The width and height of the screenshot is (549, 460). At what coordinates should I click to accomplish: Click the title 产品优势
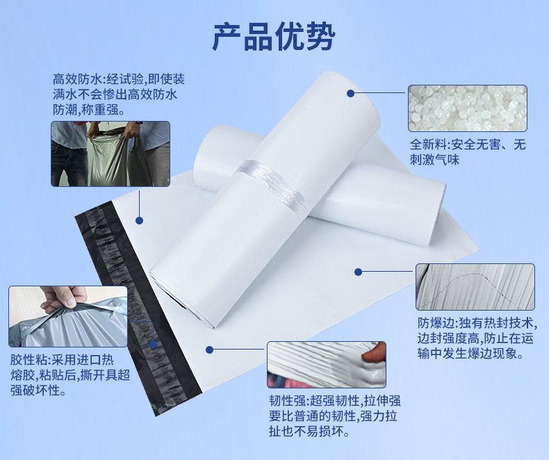coord(274,37)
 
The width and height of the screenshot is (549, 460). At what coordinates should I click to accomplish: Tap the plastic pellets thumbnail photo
coord(467,108)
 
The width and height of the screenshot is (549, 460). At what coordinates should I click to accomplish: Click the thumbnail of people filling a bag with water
coord(110,154)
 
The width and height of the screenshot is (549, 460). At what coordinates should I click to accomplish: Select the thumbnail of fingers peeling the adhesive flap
coord(67,317)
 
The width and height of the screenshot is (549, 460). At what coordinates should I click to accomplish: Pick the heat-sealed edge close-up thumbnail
coord(475,286)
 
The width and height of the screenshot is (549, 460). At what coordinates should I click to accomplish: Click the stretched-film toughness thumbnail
coord(326,364)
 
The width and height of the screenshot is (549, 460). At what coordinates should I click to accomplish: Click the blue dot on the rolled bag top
coord(350,93)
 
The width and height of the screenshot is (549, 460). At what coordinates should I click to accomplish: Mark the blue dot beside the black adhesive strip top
coord(139,220)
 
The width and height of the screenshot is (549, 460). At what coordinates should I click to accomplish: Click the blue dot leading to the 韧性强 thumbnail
coord(208,349)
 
